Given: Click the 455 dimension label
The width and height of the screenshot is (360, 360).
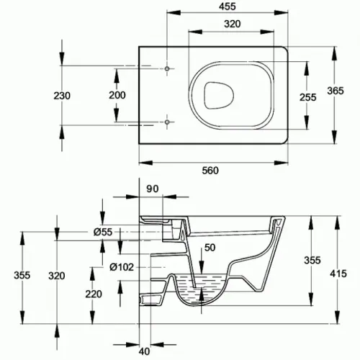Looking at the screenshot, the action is [228, 6].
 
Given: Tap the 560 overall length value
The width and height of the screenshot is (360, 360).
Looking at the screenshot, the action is [210, 171].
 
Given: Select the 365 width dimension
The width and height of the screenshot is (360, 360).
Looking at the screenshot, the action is [336, 91].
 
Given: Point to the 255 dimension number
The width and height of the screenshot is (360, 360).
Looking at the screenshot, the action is [308, 97].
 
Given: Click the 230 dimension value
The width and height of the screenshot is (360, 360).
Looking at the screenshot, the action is [62, 96].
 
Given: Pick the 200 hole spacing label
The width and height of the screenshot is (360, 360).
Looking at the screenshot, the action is [117, 95].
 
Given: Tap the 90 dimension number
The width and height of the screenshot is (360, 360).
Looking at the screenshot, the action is [153, 189].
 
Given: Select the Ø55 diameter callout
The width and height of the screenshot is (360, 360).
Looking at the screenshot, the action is [103, 232].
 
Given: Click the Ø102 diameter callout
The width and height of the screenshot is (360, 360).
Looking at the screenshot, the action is [122, 267].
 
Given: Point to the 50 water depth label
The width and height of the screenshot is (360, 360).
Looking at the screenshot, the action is [210, 248].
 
